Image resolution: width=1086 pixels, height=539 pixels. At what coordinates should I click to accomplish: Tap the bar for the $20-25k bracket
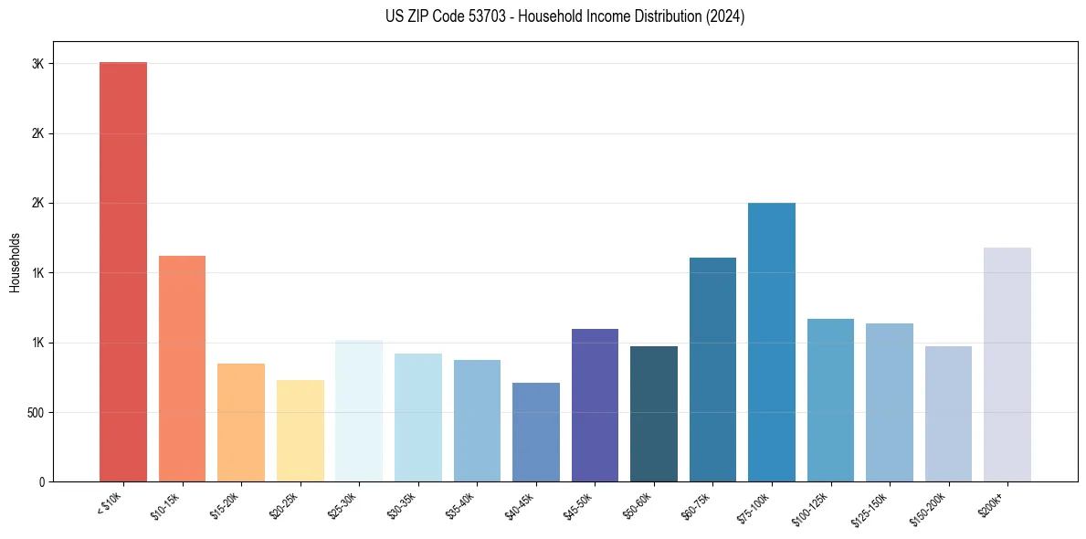(x=300, y=430)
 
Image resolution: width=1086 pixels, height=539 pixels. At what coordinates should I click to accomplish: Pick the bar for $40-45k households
(x=535, y=432)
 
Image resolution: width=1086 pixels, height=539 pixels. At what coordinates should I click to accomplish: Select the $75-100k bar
(x=772, y=342)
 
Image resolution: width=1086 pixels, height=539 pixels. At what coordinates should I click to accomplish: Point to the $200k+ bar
(x=1007, y=365)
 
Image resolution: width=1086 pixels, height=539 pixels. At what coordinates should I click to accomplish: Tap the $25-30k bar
(x=359, y=410)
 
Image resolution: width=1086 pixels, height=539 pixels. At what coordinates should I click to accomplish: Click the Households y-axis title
(x=15, y=261)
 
